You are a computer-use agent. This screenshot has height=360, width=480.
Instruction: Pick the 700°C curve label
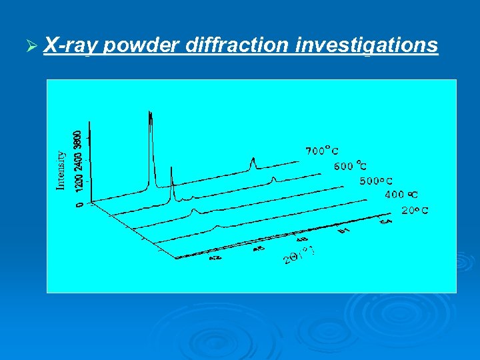pos(322,151)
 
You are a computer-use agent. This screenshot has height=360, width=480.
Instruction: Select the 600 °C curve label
pos(351,166)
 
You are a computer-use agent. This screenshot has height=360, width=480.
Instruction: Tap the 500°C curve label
pos(377,181)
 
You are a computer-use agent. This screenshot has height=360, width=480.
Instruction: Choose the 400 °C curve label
pos(402,195)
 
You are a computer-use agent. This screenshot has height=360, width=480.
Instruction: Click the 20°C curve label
pos(415,210)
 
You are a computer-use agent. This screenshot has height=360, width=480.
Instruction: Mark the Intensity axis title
pos(61,170)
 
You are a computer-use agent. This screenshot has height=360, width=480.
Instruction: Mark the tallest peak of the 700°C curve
pos(151,115)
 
